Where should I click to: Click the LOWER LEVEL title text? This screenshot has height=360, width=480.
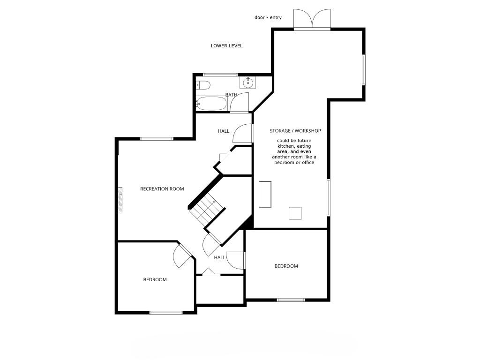coord(226,46)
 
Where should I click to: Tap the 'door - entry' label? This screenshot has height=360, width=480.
coord(268,18)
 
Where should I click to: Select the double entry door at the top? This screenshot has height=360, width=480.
coord(312,20)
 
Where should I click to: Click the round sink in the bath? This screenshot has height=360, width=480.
coord(247,83)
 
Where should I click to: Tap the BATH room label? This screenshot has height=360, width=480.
coord(231,95)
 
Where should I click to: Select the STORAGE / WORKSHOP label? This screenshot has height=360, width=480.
coord(295,131)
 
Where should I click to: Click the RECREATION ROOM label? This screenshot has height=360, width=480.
coord(162,189)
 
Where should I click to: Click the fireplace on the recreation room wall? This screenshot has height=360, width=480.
coord(120,200)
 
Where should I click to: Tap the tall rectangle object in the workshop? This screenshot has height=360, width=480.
coord(265,194)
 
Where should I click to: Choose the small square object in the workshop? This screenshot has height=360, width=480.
coord(295,213)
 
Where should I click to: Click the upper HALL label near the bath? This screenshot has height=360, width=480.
coord(224,131)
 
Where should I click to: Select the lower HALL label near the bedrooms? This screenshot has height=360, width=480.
coord(220,258)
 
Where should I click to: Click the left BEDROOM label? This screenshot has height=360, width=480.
coord(155,280)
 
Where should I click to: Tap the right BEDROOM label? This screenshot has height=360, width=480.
coord(286,266)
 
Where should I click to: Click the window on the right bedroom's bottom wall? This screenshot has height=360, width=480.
coord(291,300)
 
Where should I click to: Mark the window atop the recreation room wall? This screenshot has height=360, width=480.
coord(157,138)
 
